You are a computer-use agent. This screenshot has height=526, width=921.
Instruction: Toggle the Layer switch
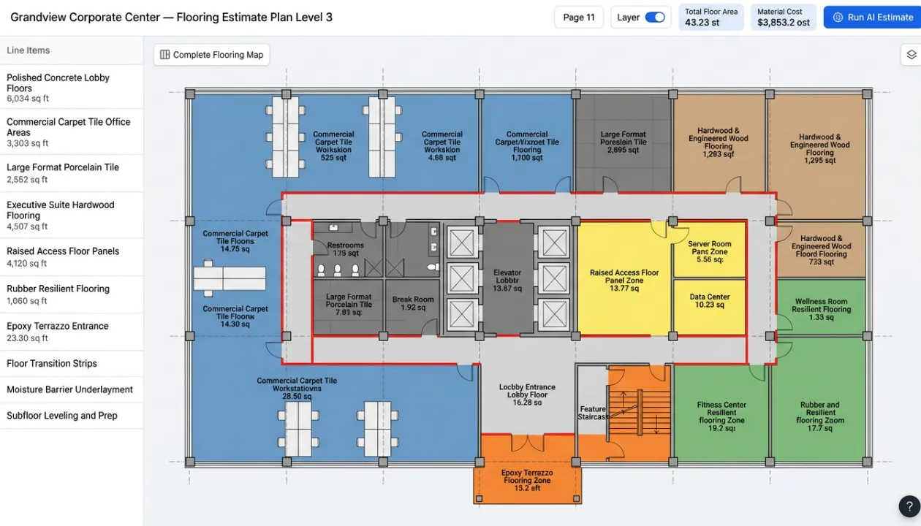[x=654, y=18]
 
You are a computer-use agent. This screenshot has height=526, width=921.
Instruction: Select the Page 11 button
[x=579, y=18]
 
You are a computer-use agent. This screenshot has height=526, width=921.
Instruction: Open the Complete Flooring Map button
[x=211, y=55]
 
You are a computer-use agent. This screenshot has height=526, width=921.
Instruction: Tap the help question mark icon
[x=909, y=506]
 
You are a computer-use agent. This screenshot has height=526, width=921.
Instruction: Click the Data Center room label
[x=709, y=301]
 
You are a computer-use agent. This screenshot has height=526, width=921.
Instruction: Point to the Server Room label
[x=709, y=251]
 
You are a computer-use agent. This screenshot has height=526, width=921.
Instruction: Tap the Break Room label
[x=413, y=303]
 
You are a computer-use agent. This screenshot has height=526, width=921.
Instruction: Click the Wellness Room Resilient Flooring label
[x=821, y=309]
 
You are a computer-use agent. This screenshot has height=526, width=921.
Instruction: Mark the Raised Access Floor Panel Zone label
[x=624, y=281]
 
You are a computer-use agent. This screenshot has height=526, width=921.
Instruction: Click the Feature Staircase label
[x=593, y=413]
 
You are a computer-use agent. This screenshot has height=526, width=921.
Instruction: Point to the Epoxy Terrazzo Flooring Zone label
[x=527, y=480]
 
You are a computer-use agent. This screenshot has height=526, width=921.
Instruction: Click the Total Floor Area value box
[x=711, y=18]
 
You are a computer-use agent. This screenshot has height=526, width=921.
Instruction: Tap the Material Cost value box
[x=783, y=18]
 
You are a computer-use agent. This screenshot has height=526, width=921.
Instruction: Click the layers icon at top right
[x=911, y=55]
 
